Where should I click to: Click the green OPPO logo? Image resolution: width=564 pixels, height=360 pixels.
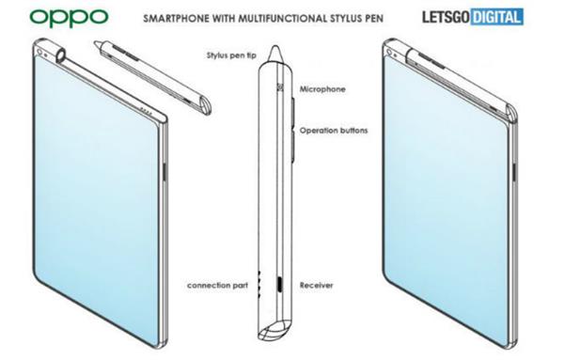(x=69, y=17)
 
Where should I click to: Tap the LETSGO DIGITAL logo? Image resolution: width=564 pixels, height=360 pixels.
(x=473, y=17)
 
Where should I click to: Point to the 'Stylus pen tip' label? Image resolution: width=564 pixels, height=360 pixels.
(x=231, y=55)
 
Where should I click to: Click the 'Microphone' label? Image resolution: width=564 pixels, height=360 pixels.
(x=322, y=89)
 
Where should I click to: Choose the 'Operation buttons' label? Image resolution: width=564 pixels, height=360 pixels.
(x=334, y=131)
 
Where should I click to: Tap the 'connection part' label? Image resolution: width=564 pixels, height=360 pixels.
(x=218, y=286)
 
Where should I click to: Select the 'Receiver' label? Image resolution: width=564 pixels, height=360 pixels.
(x=317, y=286)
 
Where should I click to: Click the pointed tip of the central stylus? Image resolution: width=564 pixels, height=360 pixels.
(x=275, y=46)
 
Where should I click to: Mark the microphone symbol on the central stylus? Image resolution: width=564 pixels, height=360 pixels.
(x=280, y=87)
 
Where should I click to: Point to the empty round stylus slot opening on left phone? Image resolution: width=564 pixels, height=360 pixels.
(x=61, y=55)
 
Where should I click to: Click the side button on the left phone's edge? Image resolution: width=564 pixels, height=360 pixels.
(x=164, y=172)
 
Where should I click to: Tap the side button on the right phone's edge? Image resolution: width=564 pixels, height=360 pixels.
(x=514, y=171)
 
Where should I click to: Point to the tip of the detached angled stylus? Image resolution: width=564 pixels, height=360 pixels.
(x=96, y=43)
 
